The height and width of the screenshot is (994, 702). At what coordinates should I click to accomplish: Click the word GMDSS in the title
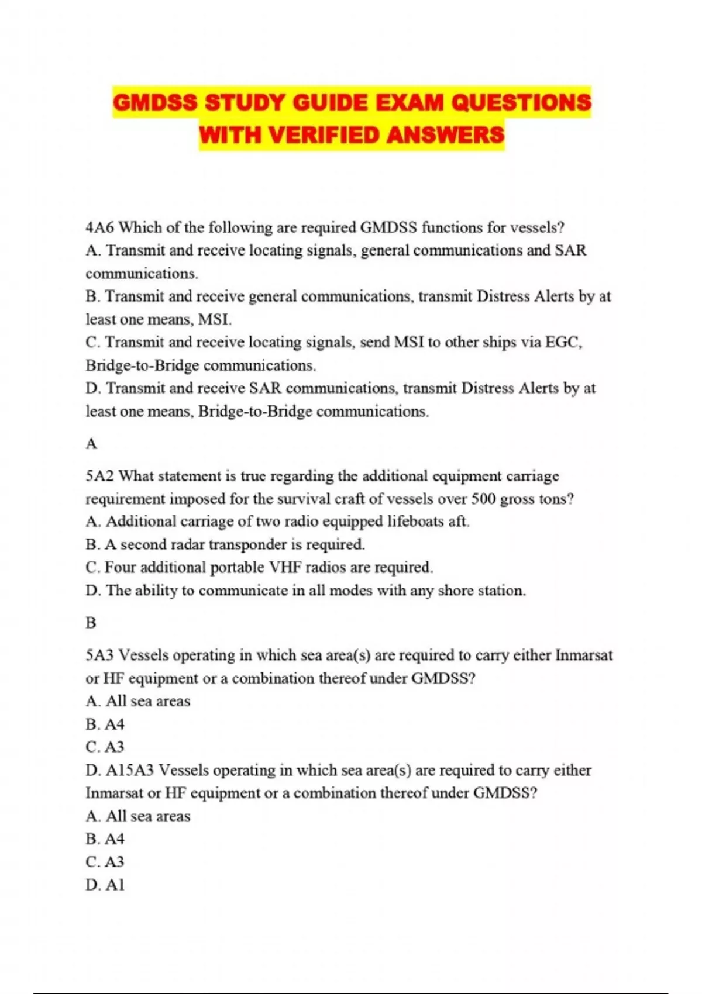155,103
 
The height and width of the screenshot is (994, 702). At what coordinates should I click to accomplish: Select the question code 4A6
99,227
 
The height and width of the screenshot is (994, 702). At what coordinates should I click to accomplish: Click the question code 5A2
99,476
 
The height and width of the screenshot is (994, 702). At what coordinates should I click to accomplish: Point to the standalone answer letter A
91,444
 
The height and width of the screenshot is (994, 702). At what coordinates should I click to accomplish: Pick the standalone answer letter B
91,623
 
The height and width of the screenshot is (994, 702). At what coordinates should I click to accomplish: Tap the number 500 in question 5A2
485,499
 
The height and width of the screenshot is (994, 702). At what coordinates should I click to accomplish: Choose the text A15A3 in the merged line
130,770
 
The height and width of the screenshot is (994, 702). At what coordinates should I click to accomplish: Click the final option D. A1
105,885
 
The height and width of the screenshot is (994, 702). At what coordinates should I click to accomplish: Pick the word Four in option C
121,567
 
